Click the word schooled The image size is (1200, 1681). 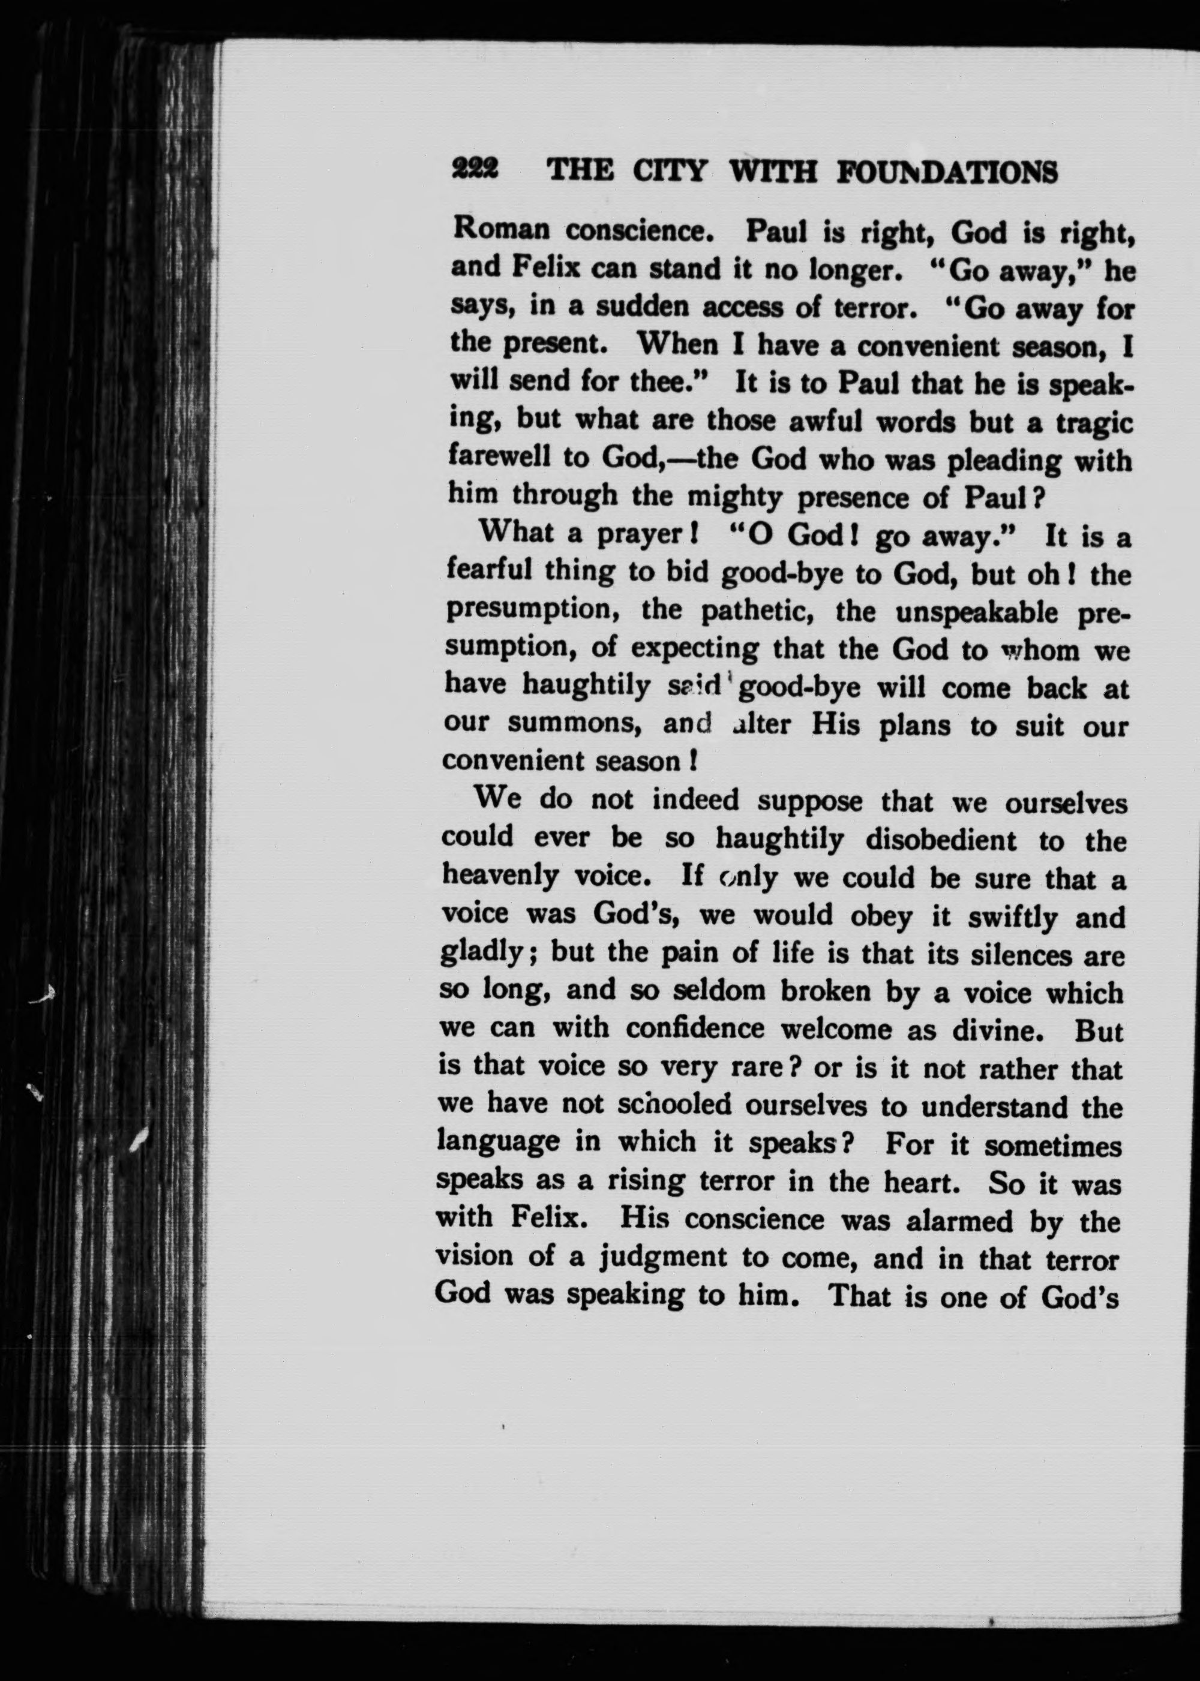pyautogui.click(x=674, y=1104)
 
